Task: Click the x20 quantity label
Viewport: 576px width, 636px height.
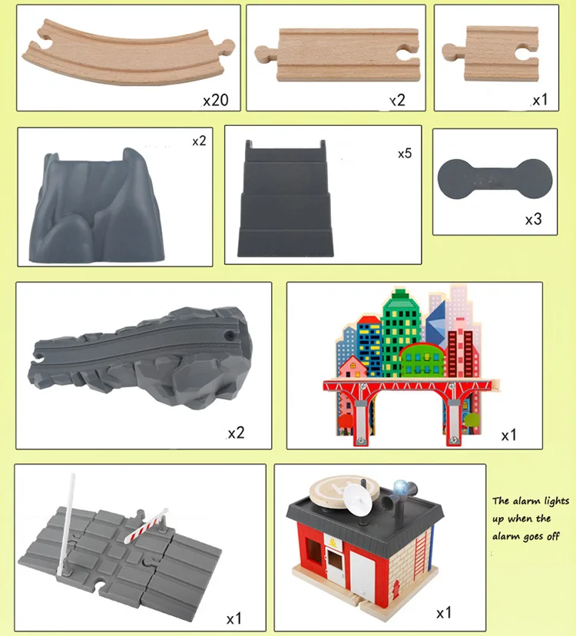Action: pyautogui.click(x=216, y=100)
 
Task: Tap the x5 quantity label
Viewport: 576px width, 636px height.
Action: pyautogui.click(x=405, y=154)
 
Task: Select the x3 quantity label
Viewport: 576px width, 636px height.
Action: pyautogui.click(x=534, y=220)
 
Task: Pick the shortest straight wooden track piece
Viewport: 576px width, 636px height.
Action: pyautogui.click(x=491, y=53)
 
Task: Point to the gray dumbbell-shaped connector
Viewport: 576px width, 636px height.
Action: pyautogui.click(x=495, y=179)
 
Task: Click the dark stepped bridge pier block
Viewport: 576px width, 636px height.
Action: pyautogui.click(x=286, y=199)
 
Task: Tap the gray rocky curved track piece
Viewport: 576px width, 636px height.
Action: pyautogui.click(x=141, y=357)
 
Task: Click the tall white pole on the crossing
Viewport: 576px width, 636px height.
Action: pyautogui.click(x=67, y=523)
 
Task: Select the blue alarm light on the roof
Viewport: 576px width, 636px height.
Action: pyautogui.click(x=401, y=487)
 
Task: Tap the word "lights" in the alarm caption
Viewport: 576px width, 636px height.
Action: pyautogui.click(x=557, y=502)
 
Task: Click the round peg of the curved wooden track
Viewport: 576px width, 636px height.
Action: pyautogui.click(x=227, y=45)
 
